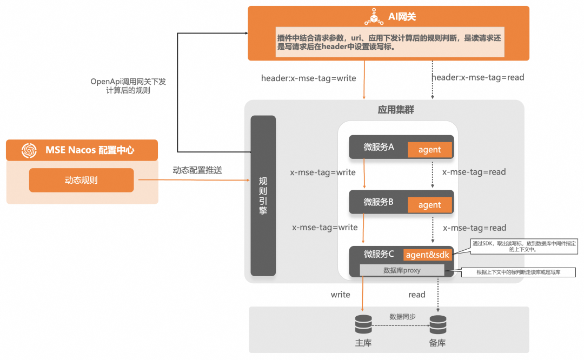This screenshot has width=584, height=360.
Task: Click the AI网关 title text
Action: click(402, 17)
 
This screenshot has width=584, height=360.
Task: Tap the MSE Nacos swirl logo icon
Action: click(29, 150)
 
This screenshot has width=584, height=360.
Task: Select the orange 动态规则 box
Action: click(81, 180)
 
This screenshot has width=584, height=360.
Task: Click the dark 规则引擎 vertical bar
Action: click(263, 195)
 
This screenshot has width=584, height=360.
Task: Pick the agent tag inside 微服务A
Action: click(429, 150)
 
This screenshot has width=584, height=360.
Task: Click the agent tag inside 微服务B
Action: click(429, 205)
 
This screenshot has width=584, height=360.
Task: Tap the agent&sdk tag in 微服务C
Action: click(427, 255)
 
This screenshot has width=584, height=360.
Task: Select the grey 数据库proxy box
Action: click(402, 270)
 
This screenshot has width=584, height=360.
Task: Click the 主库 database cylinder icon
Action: click(363, 324)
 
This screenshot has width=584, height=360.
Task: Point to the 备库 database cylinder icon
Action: click(437, 324)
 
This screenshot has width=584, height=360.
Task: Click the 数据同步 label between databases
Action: click(402, 317)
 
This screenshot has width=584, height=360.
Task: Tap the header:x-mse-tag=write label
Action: click(308, 78)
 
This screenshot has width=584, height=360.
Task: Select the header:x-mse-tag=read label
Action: click(478, 77)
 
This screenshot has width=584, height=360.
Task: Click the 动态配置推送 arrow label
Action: click(197, 170)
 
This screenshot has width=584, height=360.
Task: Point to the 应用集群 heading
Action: click(396, 110)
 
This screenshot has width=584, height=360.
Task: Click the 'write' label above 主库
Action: click(341, 295)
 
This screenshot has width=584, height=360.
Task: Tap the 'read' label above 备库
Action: click(417, 295)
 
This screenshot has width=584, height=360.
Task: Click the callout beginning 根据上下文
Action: click(518, 272)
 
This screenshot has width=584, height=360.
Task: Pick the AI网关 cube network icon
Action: click(374, 17)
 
